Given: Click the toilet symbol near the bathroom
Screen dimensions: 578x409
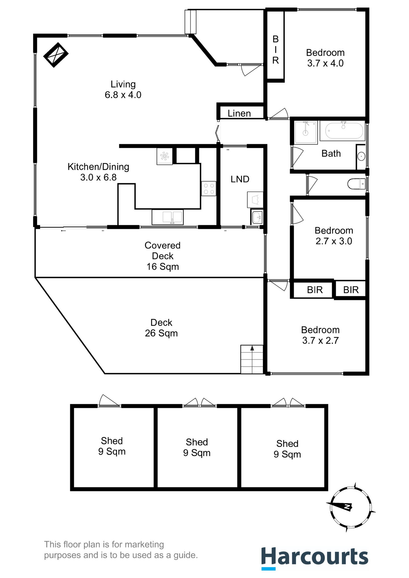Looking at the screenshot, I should pos(356,184).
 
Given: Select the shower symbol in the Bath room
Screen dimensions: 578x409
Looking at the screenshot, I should pos(306,132).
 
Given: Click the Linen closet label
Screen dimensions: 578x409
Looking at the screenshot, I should pos(239,113).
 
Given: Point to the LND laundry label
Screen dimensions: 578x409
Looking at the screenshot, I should pos(240,179).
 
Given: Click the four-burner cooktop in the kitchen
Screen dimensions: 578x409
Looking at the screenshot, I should pos(209,189).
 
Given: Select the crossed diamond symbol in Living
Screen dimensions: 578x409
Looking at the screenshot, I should pos(56,55).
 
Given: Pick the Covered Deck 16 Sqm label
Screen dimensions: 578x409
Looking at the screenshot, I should pos(163,256).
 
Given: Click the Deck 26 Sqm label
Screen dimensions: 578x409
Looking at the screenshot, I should pos(161,328).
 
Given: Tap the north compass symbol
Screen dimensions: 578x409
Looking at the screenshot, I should pos(351,507).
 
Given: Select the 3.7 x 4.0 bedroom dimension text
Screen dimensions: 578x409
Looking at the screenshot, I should pos(325,63).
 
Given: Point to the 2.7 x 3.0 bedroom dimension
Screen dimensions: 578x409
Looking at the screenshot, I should pos(334,241).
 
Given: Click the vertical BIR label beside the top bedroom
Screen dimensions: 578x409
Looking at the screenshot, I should pos(276,50).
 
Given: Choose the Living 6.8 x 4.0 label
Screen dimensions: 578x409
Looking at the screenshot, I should pos(123,89).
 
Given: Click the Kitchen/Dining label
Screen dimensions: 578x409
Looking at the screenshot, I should pos(98,167).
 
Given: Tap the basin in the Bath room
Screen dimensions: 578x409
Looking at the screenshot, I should pos(361,157).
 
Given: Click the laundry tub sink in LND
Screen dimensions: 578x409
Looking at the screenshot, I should pos(257,216).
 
